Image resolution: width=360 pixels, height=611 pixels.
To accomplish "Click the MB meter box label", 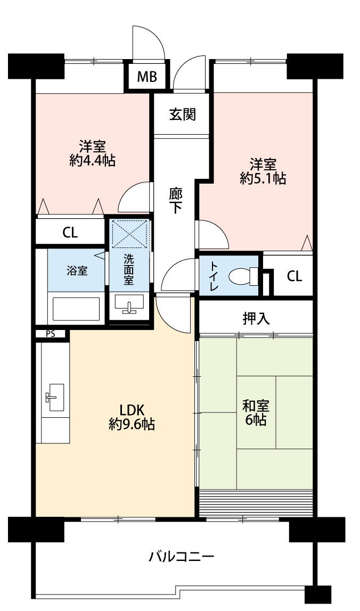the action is [147, 77].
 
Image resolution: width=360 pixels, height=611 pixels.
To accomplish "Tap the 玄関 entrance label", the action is [182, 114].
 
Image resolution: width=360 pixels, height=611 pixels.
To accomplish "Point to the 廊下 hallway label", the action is [176, 201].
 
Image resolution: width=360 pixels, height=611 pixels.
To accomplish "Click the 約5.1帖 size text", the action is [263, 178].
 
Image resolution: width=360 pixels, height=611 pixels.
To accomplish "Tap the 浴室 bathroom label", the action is [77, 270].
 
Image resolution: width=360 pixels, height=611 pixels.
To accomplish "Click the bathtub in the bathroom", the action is [76, 309].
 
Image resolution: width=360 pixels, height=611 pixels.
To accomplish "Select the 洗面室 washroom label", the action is [129, 270].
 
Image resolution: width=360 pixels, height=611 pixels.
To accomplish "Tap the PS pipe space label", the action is [50, 334].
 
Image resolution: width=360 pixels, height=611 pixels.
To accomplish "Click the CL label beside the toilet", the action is [294, 276].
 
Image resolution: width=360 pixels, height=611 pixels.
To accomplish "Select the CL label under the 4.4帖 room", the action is [70, 233].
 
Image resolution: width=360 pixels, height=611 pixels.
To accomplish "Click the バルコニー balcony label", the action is [182, 556].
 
